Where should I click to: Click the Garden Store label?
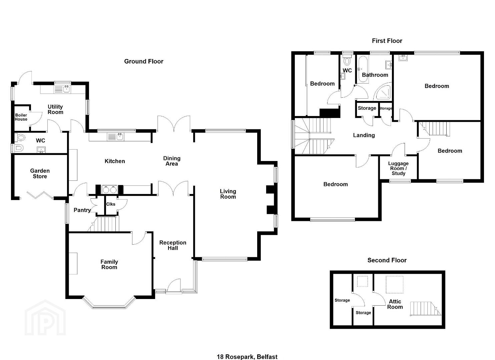[x=40, y=174]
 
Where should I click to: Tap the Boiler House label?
[x=21, y=117]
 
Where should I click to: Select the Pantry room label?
[x=82, y=210]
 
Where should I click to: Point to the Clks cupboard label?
[x=110, y=204]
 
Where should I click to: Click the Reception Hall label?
[x=173, y=245]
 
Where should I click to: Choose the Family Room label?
[x=109, y=264]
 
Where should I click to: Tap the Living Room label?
[x=228, y=194]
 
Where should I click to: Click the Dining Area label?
[x=172, y=161]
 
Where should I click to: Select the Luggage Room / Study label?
[x=398, y=168]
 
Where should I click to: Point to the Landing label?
[x=364, y=135]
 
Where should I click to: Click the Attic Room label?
[x=395, y=304]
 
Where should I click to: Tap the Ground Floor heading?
[x=144, y=61]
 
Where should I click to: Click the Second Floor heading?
[x=387, y=260]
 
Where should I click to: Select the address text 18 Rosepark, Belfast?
[x=247, y=357]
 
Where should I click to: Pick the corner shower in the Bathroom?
[x=383, y=91]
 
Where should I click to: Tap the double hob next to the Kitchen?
[x=110, y=190]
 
